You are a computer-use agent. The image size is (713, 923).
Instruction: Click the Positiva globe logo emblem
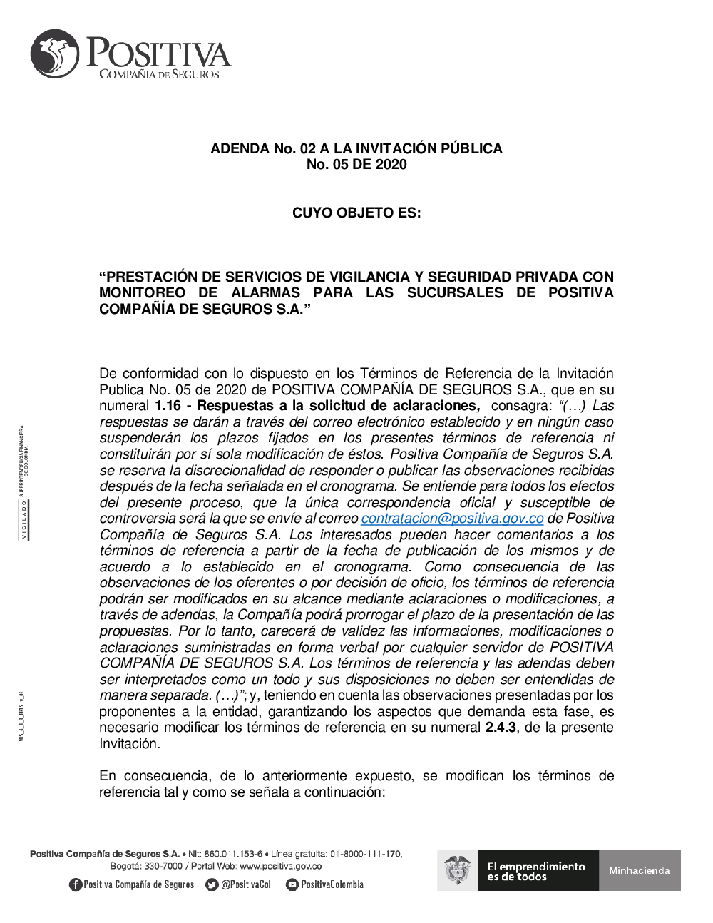(x=55, y=53)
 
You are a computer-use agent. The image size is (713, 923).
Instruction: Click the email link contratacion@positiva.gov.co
(x=452, y=519)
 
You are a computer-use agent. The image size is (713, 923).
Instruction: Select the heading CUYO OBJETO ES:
(x=356, y=213)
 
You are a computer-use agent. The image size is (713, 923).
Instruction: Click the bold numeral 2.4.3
(x=501, y=728)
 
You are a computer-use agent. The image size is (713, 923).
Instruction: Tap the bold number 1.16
(x=168, y=406)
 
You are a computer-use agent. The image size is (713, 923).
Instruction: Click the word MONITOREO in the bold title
(x=142, y=293)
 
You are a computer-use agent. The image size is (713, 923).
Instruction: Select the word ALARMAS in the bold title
(x=266, y=293)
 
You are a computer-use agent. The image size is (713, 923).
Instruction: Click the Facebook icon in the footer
(x=75, y=884)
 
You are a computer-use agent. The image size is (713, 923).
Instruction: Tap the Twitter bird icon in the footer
(x=211, y=884)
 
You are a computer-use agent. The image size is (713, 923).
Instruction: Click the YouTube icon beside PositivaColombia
(x=292, y=884)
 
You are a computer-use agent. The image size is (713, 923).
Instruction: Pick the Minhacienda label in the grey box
(x=640, y=870)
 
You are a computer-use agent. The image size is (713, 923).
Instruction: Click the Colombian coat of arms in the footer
(x=457, y=870)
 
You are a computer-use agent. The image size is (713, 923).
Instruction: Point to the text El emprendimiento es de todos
(x=536, y=871)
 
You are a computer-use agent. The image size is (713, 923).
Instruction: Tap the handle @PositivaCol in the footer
(x=246, y=884)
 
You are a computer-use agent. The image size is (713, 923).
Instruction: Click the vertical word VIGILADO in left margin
(x=24, y=519)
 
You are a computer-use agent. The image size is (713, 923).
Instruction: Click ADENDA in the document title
(x=240, y=148)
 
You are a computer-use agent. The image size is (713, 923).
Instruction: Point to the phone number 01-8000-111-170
(x=366, y=854)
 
